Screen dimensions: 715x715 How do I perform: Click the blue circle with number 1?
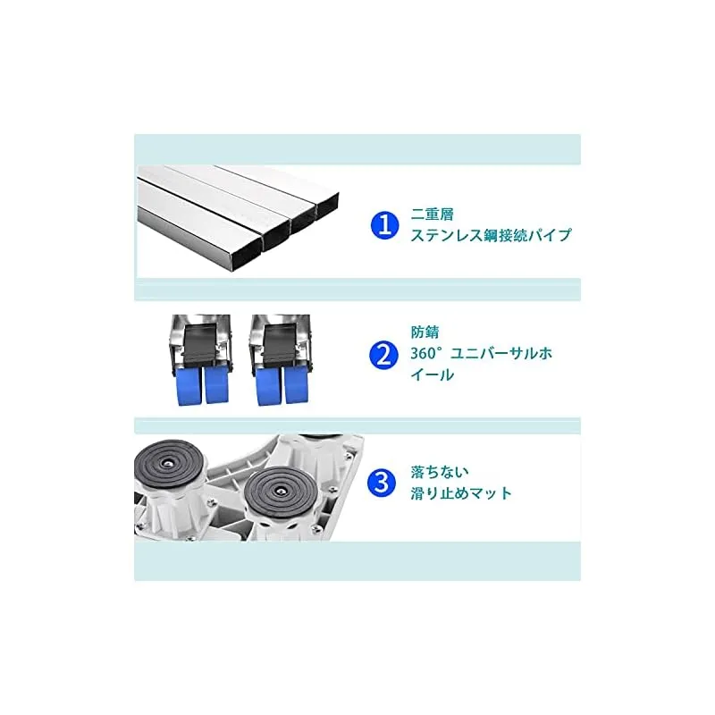[x=385, y=225]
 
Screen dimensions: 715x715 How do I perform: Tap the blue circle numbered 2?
[x=383, y=355]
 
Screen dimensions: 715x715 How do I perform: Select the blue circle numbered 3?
[x=382, y=483]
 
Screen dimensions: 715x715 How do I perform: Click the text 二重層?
[x=433, y=214]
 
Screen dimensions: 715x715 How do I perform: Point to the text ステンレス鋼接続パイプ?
[x=491, y=235]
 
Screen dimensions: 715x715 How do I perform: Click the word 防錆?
[x=425, y=332]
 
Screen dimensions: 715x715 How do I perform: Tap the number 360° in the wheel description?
[x=427, y=354]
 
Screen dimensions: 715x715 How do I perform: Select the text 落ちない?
[x=440, y=472]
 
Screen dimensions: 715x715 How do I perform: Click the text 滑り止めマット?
[x=461, y=493]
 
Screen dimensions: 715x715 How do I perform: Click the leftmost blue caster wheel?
[x=188, y=386]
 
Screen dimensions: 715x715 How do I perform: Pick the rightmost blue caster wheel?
[x=297, y=385]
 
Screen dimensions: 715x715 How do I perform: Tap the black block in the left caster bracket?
[x=201, y=342]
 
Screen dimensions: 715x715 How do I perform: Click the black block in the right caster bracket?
[x=279, y=342]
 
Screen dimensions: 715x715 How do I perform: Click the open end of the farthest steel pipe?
[x=328, y=205]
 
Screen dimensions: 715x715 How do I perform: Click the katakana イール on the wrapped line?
[x=433, y=375]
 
